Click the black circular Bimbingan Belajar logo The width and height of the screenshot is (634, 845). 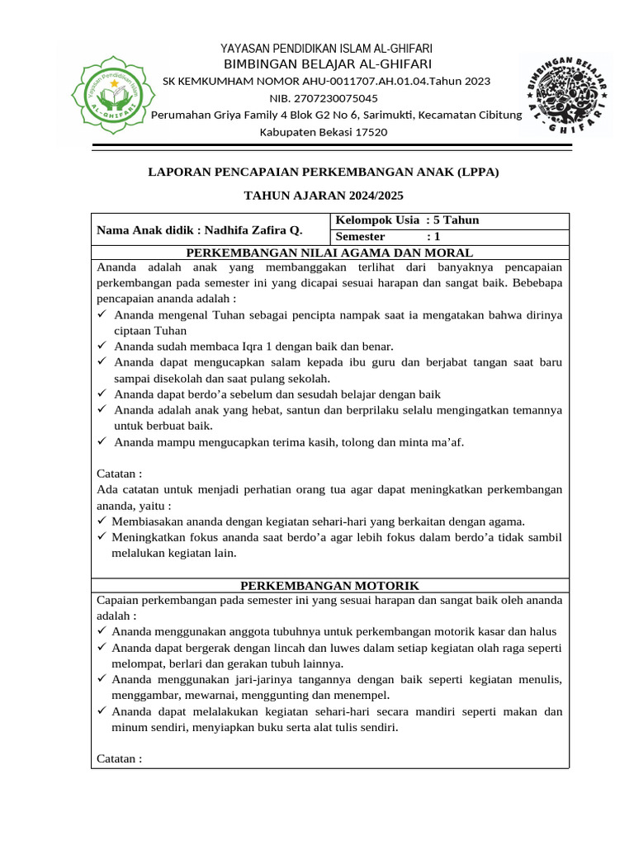[565, 98]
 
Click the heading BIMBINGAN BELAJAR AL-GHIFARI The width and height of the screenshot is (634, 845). [327, 64]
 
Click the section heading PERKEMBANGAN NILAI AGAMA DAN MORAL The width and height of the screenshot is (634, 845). [329, 253]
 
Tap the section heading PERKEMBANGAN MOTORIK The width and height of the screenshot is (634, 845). [329, 584]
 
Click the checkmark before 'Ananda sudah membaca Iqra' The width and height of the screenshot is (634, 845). [102, 347]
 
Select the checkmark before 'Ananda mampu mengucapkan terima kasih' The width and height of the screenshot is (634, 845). [102, 442]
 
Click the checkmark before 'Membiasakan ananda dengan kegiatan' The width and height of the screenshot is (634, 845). [102, 522]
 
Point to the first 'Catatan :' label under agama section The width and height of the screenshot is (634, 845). [120, 474]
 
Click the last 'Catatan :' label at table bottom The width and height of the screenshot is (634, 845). [120, 758]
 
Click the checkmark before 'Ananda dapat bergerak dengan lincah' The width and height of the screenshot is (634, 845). [102, 648]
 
